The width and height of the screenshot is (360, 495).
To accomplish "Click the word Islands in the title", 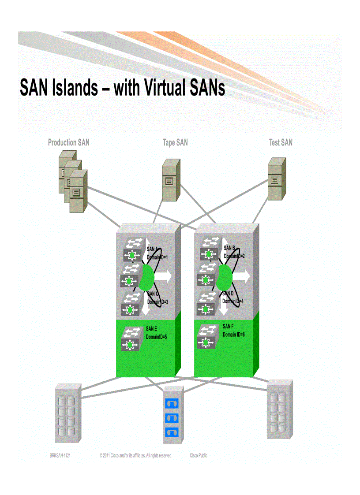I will click(74, 88).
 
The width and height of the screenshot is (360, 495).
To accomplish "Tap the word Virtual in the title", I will click(166, 88).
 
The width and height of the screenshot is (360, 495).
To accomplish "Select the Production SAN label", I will click(68, 142).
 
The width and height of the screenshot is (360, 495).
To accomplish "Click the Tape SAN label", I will click(175, 142).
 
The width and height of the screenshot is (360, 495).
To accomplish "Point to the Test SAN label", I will click(281, 142).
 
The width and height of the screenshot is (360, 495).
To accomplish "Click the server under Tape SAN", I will click(171, 179).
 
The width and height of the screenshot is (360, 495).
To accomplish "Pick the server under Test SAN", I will click(277, 179).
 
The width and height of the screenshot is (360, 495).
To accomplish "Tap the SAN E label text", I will click(151, 328).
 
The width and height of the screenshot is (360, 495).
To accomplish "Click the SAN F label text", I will click(228, 327).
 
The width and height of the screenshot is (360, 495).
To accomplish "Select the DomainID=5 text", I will click(156, 337).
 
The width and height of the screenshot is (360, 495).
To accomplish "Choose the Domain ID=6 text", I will click(234, 335).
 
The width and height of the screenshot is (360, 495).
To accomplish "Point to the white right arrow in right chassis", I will click(240, 276).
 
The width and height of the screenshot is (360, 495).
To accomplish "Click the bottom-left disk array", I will click(67, 413).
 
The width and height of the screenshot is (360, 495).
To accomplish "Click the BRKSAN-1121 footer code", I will click(60, 456).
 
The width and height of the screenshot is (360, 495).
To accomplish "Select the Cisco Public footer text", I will click(199, 456).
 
